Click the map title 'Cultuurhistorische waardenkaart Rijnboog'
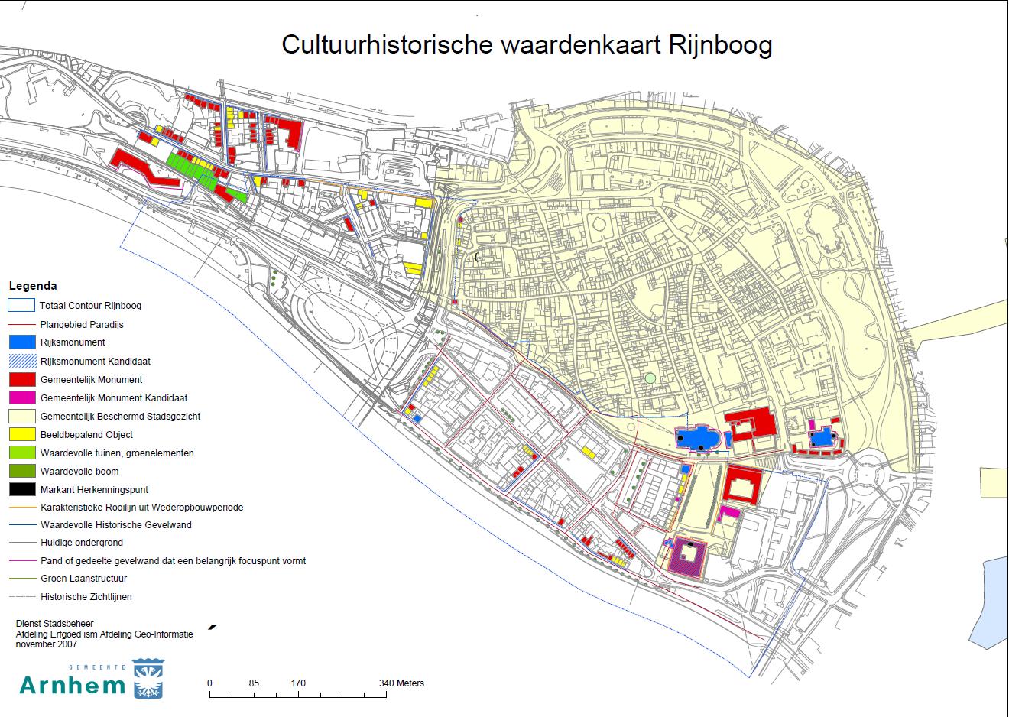coord(527,44)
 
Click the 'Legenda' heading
coord(32,286)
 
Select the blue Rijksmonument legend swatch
coord(21,342)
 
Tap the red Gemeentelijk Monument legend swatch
coord(21,379)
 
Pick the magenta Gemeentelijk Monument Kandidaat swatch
coord(21,397)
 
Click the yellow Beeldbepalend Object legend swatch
coord(21,435)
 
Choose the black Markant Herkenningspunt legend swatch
coord(21,490)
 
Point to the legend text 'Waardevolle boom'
coord(79,472)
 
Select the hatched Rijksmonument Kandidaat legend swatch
coord(21,361)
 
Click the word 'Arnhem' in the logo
coord(72,684)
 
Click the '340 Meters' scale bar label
coord(401,683)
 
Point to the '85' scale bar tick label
coord(254,683)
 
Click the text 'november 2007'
coord(46,644)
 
